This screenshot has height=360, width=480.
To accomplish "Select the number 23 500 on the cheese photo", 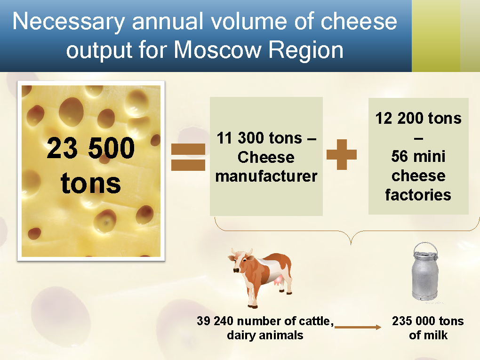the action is [91, 148].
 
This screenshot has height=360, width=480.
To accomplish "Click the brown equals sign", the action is [188, 157].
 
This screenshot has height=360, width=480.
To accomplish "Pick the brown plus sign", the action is [342, 155].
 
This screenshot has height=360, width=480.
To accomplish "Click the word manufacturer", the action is [266, 176].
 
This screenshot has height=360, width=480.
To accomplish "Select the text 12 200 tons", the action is [418, 118].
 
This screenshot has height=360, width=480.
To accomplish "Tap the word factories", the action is [418, 195].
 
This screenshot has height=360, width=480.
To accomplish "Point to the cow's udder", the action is [279, 280].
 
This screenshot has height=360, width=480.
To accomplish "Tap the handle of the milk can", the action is [425, 248].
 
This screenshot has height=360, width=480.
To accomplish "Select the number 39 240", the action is [216, 321].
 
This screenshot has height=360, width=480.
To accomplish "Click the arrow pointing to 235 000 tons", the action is [358, 327].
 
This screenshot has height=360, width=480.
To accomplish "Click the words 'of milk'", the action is [428, 335].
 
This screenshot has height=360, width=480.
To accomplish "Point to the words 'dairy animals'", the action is [265, 335].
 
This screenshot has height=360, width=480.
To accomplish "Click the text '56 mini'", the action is [418, 156].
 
